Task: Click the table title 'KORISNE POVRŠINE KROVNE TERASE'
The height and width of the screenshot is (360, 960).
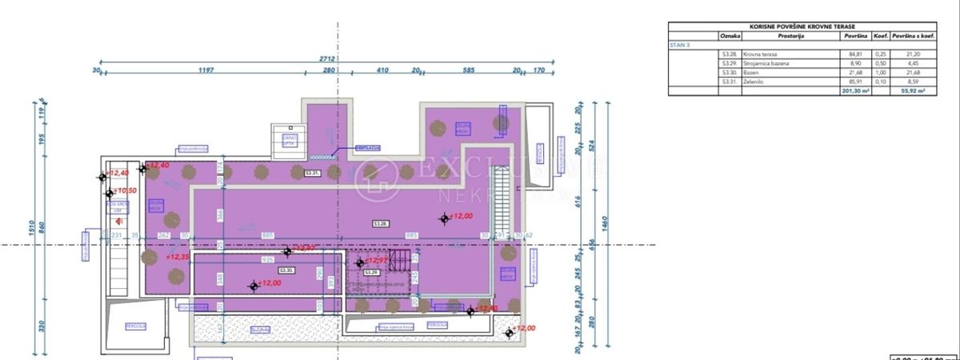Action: coord(802,26)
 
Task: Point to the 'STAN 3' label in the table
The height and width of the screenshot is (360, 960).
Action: coord(681,46)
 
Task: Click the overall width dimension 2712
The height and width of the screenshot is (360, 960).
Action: coord(326,59)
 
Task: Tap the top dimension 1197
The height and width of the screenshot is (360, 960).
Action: coord(206,70)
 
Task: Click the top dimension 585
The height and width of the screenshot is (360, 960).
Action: coord(469,70)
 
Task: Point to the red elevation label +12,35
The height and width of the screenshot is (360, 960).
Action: coord(178,258)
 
